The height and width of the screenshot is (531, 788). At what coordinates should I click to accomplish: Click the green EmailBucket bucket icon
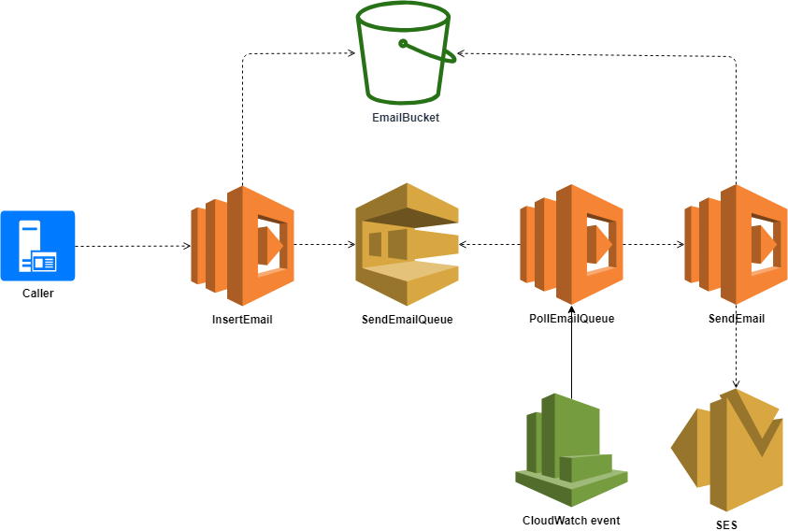[x=405, y=54]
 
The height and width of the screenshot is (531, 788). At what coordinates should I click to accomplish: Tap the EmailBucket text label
[x=405, y=118]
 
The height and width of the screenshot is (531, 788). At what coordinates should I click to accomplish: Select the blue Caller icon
[x=37, y=246]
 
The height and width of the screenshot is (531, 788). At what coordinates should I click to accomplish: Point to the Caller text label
[x=37, y=294]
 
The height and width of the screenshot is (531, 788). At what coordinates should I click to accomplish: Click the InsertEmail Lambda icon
[x=242, y=245]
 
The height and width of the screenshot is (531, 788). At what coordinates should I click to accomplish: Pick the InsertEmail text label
[x=242, y=319]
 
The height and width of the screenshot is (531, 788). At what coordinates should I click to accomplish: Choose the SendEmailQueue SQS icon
[x=408, y=245]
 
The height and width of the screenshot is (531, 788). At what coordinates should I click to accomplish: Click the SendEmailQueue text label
[x=407, y=319]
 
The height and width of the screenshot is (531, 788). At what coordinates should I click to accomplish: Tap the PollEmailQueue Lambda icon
[x=571, y=244]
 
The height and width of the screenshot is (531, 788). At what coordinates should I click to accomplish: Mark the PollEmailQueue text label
[x=571, y=318]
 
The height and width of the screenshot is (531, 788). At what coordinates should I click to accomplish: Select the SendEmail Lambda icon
[x=736, y=244]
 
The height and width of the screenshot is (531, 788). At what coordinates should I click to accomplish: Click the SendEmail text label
[x=736, y=318]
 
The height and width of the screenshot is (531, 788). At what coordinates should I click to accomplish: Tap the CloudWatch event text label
[x=571, y=520]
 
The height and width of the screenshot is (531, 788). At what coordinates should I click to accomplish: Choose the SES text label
[x=726, y=524]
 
